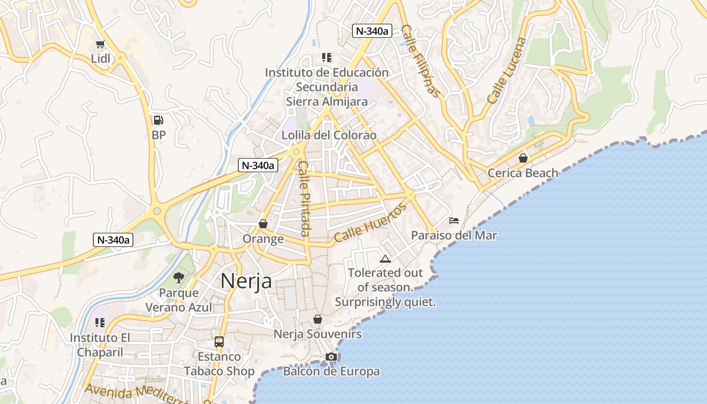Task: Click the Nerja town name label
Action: click(246, 281)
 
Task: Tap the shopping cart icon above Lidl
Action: click(100, 44)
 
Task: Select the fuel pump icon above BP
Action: click(158, 120)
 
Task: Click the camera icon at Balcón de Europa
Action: click(331, 357)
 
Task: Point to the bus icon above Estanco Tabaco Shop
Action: click(219, 342)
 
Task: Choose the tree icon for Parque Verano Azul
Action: click(178, 277)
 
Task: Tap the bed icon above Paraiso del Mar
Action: click(454, 221)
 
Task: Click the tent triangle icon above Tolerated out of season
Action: click(385, 259)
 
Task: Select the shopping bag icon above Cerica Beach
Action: click(523, 158)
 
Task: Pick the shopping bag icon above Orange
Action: click(263, 223)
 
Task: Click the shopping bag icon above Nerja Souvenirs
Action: click(318, 319)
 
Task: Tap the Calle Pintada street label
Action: click(304, 198)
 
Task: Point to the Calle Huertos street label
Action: click(370, 223)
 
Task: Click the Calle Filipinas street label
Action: click(420, 61)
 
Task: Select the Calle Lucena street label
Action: click(507, 71)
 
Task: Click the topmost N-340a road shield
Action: click(373, 31)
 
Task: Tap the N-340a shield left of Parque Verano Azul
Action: click(113, 240)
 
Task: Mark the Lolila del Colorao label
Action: click(329, 135)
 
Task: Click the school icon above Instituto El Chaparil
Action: click(100, 322)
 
